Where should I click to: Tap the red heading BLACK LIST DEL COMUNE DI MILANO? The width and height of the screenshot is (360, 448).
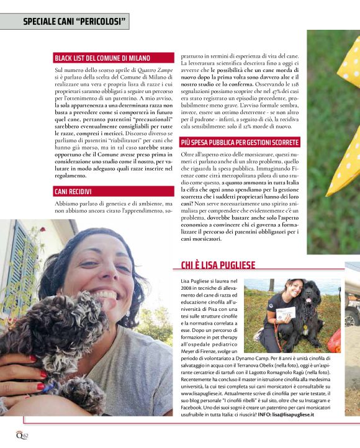pos(102,58)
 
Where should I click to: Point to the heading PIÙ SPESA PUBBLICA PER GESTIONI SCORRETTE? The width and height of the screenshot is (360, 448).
pos(239,142)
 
